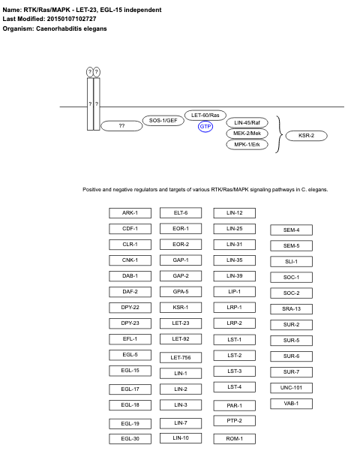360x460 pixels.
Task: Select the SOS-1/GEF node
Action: pyautogui.click(x=163, y=120)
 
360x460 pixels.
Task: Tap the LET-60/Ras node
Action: pyautogui.click(x=205, y=115)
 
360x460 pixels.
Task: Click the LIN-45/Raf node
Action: pyautogui.click(x=247, y=122)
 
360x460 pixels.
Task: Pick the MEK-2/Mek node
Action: pyautogui.click(x=247, y=133)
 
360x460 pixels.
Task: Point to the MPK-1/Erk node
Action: pyautogui.click(x=247, y=144)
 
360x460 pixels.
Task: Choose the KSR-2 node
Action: pyautogui.click(x=306, y=135)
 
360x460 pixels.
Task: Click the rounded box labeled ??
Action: pyautogui.click(x=121, y=127)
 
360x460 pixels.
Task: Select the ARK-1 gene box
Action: pyautogui.click(x=130, y=213)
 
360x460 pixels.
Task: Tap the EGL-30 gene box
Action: pyautogui.click(x=130, y=439)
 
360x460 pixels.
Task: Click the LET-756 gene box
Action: pyautogui.click(x=181, y=357)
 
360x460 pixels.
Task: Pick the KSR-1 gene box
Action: pyautogui.click(x=181, y=308)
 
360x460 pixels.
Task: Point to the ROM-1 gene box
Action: pyautogui.click(x=235, y=438)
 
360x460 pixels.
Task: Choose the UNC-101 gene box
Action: pyautogui.click(x=291, y=387)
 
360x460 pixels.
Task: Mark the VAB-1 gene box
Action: pyautogui.click(x=291, y=403)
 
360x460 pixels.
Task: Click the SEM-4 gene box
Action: pyautogui.click(x=291, y=230)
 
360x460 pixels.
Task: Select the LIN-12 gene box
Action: pyautogui.click(x=235, y=212)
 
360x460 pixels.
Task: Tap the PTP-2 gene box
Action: pyautogui.click(x=235, y=421)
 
